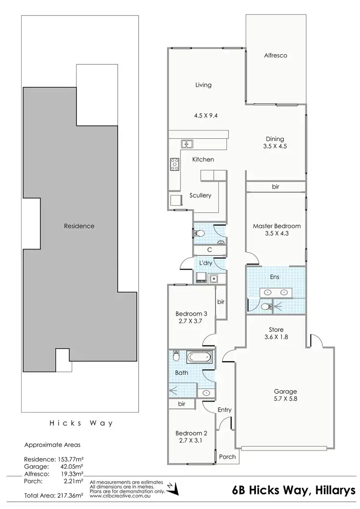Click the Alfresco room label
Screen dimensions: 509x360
point(276,56)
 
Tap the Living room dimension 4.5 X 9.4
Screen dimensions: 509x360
point(203,115)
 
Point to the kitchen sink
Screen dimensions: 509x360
point(187,143)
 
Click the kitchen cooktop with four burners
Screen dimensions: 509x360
point(175,165)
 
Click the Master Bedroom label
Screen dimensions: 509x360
point(276,226)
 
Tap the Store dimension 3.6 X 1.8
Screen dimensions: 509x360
point(276,337)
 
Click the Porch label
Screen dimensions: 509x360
point(227,457)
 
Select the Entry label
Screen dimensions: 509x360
point(224,410)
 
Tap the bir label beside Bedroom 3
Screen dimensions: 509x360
point(221,302)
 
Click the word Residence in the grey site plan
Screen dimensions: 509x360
point(79,226)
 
